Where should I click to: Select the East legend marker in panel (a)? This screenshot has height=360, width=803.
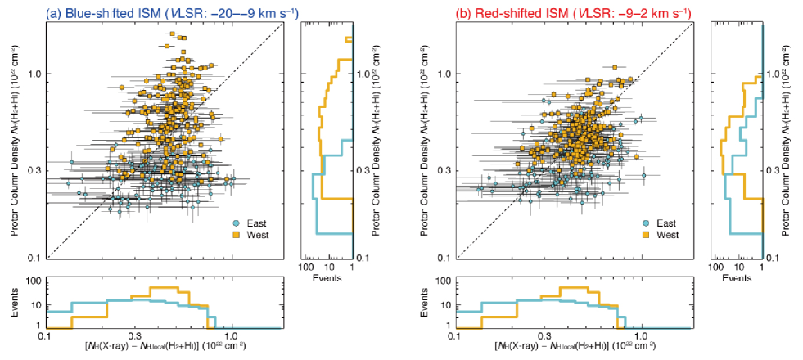click(236, 223)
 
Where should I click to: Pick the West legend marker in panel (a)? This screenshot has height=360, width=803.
click(236, 235)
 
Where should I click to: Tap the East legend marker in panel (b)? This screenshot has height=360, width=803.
click(645, 223)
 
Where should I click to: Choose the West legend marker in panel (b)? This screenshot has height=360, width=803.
click(645, 235)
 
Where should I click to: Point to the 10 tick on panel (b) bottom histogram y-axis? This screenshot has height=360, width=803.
click(445, 305)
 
